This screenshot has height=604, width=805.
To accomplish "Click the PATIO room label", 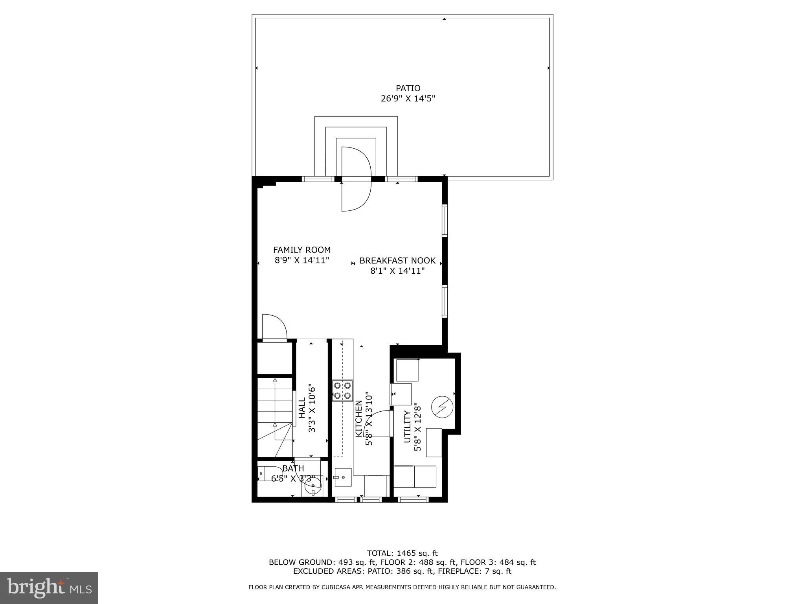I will (408, 88).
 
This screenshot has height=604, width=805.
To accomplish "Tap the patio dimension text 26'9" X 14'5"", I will (408, 99).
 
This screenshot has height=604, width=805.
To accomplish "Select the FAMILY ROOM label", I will (302, 250).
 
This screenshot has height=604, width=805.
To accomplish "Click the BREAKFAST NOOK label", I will (397, 260).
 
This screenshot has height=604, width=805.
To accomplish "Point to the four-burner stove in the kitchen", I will (342, 390).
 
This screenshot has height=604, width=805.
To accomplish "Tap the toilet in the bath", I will (263, 473).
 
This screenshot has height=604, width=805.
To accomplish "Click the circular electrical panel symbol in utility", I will (442, 407).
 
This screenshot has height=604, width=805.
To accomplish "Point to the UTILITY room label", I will (407, 427).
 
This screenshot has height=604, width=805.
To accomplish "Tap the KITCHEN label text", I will (358, 419).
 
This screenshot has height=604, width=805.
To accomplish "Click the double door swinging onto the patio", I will (356, 179).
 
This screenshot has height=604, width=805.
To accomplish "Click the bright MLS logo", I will (49, 587).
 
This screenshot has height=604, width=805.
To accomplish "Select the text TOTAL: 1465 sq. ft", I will (402, 553).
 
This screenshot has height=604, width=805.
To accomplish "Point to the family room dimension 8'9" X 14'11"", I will (302, 260).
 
